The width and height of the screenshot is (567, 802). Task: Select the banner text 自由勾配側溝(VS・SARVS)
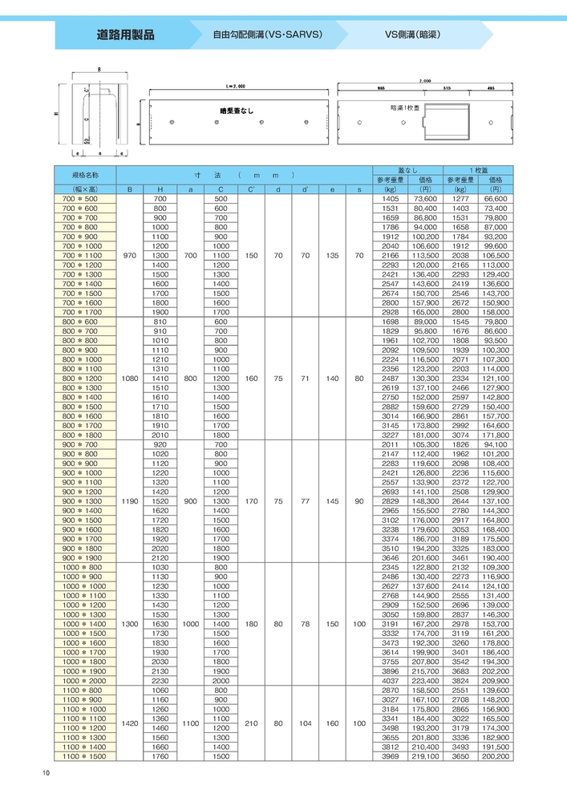point(267,35)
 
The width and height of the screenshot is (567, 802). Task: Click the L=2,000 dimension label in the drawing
point(234,84)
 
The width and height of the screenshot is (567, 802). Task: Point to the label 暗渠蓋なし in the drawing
point(237,111)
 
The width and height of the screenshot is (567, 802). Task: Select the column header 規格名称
point(85,174)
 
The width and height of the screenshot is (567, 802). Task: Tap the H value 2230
point(160,680)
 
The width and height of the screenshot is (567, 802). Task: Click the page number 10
point(47,772)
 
